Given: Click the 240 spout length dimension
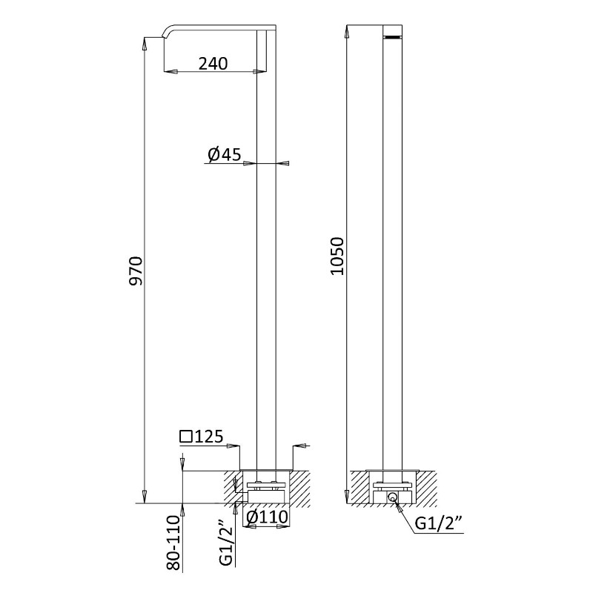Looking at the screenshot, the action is click(213, 64).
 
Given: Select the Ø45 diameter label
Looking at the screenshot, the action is click(225, 154).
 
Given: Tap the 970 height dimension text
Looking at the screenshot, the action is click(136, 271).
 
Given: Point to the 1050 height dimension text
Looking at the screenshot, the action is click(337, 256).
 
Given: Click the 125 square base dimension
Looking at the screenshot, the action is click(208, 437).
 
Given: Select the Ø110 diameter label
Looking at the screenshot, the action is click(267, 517).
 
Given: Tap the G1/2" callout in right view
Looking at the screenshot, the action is click(439, 523).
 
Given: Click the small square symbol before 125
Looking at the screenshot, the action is click(185, 437).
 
